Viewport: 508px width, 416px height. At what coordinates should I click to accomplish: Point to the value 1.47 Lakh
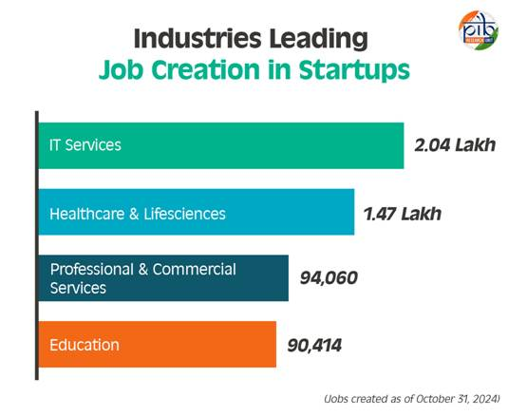403,213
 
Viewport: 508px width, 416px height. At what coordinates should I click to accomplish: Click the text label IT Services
85,145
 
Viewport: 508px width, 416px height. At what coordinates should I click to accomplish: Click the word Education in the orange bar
85,345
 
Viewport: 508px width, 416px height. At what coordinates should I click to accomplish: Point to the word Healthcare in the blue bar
85,213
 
